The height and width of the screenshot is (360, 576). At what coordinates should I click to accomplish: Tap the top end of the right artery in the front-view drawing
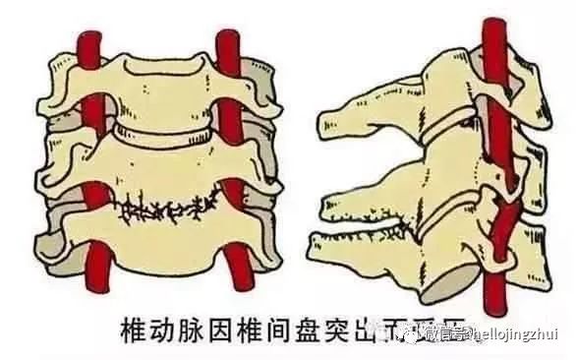tap(228, 36)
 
